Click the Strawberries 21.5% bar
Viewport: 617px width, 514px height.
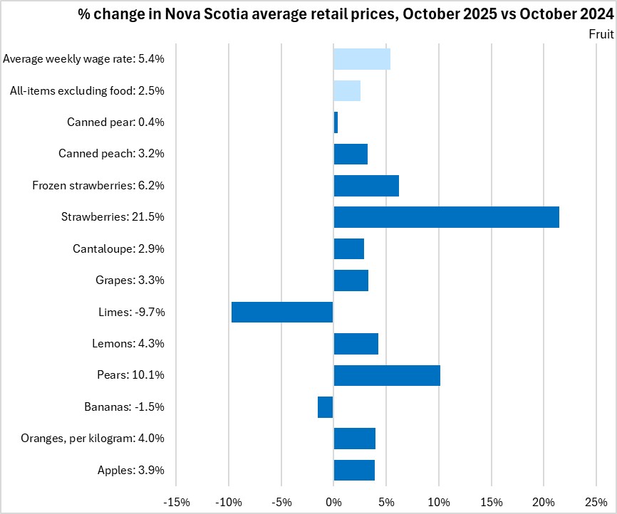[446, 217]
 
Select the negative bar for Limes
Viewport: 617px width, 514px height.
[282, 312]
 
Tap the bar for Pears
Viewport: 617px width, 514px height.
[387, 375]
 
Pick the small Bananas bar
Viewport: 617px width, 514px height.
[326, 407]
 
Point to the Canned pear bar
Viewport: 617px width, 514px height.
[336, 122]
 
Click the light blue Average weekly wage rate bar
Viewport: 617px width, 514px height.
[362, 59]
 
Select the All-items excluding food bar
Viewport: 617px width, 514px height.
[347, 91]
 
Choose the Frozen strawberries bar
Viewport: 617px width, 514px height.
[366, 186]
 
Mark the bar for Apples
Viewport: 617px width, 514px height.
[354, 470]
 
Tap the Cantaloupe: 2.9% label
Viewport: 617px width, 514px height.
[118, 249]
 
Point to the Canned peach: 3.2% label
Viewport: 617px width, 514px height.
[111, 154]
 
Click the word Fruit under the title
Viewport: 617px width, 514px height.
[601, 33]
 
